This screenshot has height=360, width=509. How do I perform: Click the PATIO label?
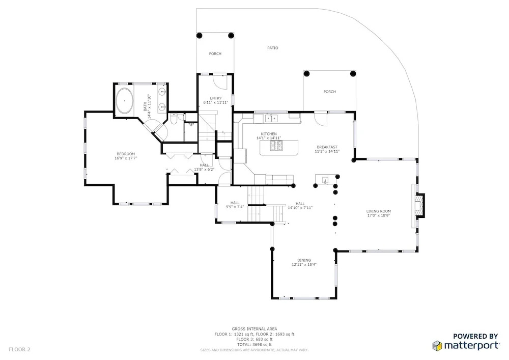(x=273, y=48)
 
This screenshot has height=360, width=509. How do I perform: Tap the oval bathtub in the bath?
(x=125, y=101)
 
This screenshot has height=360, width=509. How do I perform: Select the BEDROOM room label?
(x=126, y=154)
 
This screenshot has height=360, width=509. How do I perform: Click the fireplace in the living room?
(x=420, y=206)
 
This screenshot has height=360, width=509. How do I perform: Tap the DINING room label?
(x=304, y=260)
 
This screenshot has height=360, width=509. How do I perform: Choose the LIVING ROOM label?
(x=379, y=211)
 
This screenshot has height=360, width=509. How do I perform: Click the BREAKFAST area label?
(x=327, y=147)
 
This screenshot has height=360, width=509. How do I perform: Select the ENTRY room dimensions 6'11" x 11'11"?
(x=215, y=102)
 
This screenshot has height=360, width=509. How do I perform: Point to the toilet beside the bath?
(x=174, y=119)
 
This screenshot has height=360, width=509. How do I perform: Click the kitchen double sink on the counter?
(x=271, y=119)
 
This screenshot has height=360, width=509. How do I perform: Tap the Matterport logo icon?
(x=437, y=346)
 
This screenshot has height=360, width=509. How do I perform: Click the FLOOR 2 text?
(x=19, y=350)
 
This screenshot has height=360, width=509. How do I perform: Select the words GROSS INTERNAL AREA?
(x=254, y=329)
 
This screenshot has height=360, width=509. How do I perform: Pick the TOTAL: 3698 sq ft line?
(x=254, y=344)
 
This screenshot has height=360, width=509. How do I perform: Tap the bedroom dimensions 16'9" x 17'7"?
(x=126, y=158)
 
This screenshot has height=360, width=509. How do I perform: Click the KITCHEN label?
(x=269, y=134)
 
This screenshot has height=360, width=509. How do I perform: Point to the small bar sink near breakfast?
(x=325, y=180)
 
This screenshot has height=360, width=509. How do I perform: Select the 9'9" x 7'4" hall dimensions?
(x=235, y=207)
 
